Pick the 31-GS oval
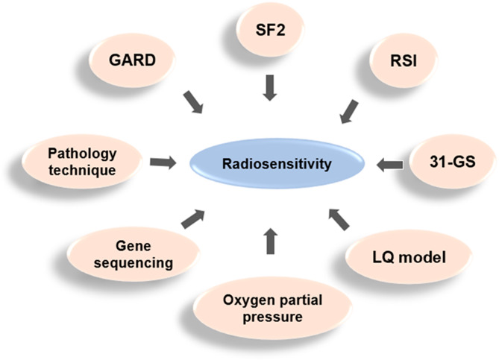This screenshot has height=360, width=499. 451,162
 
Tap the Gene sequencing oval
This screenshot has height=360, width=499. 139,253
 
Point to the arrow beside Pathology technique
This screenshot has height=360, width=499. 162,160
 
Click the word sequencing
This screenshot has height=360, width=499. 139,262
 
